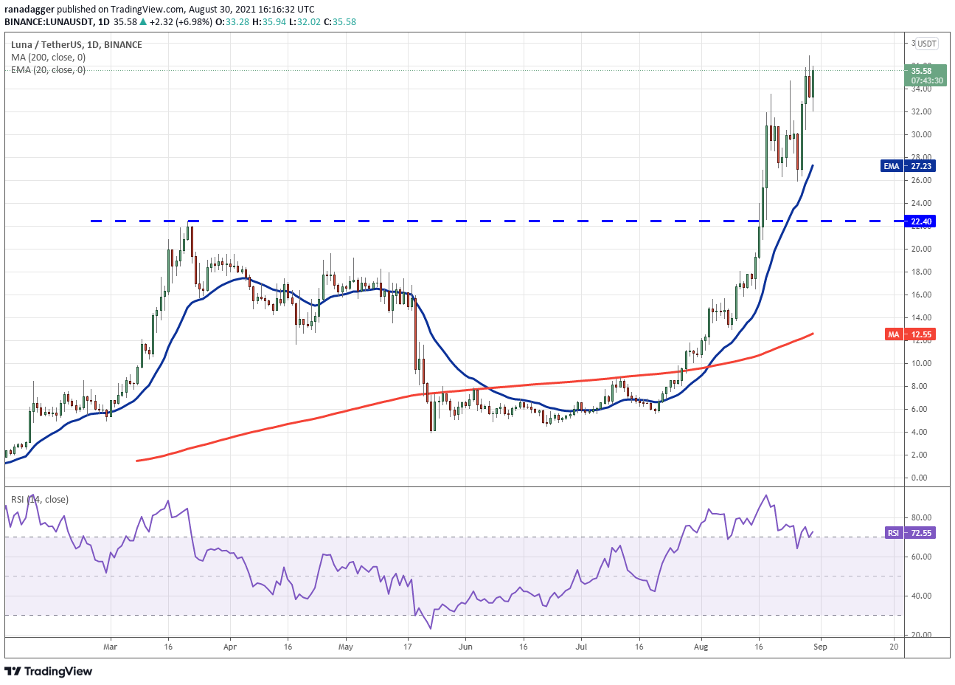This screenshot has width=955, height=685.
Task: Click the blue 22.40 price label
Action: coord(921,221)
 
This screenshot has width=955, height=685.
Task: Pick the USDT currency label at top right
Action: coord(926,44)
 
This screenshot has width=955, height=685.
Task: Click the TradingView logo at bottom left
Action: coord(49,671)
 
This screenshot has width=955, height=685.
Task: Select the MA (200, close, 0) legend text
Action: coord(48,58)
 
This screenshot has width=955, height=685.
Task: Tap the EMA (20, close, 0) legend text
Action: coord(48,70)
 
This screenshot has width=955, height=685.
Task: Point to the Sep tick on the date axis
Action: coord(820,647)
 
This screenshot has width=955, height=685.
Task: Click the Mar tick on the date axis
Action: coord(110,647)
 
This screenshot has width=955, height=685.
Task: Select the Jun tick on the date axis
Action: coord(465,647)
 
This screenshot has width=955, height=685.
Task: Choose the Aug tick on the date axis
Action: coord(701,647)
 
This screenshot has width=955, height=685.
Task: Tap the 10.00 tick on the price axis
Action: coord(920,363)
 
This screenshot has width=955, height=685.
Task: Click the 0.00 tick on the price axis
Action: coord(919,478)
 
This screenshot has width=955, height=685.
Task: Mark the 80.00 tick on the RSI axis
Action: coord(921,517)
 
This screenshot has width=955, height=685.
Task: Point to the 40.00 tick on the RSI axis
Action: coord(921,596)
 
